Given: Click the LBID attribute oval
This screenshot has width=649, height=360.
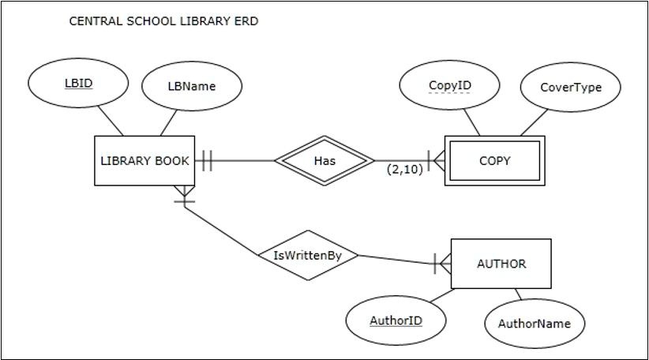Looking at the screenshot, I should click(77, 83).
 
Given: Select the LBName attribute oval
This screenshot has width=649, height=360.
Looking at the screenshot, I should click(191, 86).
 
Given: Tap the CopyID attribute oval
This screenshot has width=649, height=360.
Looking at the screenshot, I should click(449, 85).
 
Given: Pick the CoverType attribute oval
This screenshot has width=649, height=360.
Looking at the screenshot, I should click(570, 87).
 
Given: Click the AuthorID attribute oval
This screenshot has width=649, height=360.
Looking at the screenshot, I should click(396, 320).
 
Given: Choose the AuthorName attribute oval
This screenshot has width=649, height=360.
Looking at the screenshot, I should click(534, 322).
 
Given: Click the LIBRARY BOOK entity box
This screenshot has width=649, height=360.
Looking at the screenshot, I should click(144, 161).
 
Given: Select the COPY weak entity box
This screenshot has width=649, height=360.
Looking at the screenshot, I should click(494, 161).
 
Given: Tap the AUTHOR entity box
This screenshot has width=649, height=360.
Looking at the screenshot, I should click(501, 264).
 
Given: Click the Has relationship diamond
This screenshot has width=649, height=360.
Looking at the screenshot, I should click(324, 161).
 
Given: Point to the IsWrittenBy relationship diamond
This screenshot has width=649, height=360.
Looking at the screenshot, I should click(307, 255).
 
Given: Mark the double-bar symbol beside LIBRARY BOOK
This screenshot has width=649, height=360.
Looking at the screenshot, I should click(206, 161).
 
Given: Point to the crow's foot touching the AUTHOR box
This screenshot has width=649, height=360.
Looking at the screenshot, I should click(443, 264).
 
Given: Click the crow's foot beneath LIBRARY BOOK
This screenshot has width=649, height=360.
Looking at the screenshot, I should click(185, 194).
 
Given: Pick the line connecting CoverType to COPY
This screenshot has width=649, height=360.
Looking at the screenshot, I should click(533, 122).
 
